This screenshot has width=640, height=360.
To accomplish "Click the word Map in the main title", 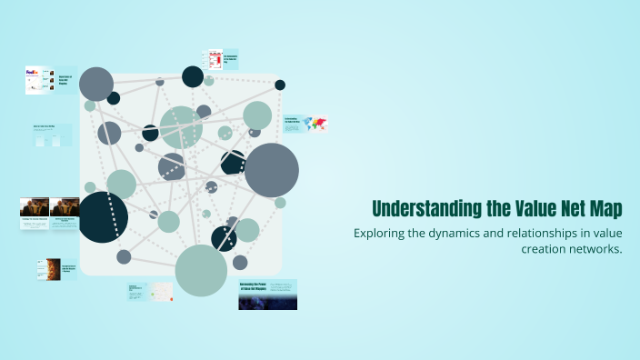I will pos(605,208).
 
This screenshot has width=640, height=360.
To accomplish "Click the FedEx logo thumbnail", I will pos(35,80).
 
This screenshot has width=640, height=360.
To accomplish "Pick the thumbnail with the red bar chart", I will pos(215,59).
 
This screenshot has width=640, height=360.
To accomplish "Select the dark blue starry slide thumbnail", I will pos(267,295).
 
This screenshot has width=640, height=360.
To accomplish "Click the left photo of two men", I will pos(35,208).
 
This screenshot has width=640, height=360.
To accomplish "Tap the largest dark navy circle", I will pos(103,216).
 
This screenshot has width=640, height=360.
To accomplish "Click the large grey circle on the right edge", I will pos(271,170).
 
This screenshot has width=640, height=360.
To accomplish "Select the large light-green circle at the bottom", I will pos(201,270).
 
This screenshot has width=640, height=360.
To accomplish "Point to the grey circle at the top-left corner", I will pos(96,84).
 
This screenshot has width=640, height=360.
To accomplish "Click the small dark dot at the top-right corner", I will pos(280,85).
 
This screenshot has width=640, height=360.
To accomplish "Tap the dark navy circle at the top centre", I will pos(193,76).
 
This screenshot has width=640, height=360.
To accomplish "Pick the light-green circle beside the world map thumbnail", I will pos(257,115).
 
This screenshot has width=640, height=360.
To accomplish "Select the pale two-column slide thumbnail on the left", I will pos(53,136).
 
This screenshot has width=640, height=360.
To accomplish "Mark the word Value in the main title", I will pos(539,208).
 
